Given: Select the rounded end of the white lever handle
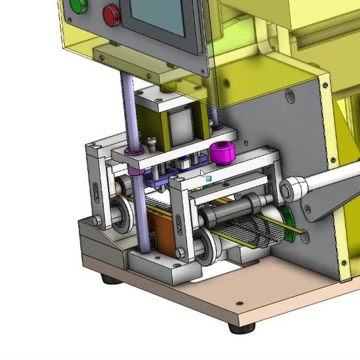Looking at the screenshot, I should [292, 188].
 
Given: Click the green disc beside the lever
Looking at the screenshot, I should [287, 214].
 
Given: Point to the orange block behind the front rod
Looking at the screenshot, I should [164, 234].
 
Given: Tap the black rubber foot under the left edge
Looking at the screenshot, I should [109, 279].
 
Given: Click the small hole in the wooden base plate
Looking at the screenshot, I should [239, 303].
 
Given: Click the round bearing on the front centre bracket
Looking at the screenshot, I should [204, 245].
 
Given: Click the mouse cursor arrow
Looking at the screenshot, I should [203, 174].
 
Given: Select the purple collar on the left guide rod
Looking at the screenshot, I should [130, 151].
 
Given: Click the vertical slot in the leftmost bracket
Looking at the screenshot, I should [96, 190].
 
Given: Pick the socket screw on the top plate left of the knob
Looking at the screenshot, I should [152, 143].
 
